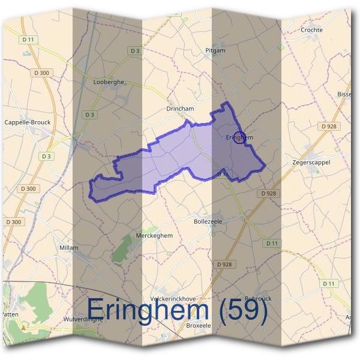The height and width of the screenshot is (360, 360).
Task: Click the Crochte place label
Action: [x=311, y=29]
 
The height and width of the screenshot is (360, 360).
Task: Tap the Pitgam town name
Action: [x=215, y=50]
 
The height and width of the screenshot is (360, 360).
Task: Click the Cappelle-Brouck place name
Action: [x=28, y=122]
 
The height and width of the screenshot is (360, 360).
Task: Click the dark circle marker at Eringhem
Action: [x=239, y=137]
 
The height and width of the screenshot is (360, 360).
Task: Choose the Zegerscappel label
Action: [x=311, y=162]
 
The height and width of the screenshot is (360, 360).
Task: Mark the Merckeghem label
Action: [x=155, y=235]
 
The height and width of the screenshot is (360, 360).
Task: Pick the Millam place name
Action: [x=69, y=247]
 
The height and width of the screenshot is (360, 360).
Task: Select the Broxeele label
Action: [x=199, y=325]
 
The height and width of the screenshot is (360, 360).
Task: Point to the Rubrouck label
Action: [x=258, y=298]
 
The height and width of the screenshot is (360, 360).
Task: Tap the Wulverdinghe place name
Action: [x=83, y=319]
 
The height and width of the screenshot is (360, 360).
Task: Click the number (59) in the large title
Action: [x=244, y=310]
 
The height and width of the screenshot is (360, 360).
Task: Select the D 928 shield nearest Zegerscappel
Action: [x=328, y=126]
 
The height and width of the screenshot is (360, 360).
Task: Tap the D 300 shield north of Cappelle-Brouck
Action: [x=42, y=73]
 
